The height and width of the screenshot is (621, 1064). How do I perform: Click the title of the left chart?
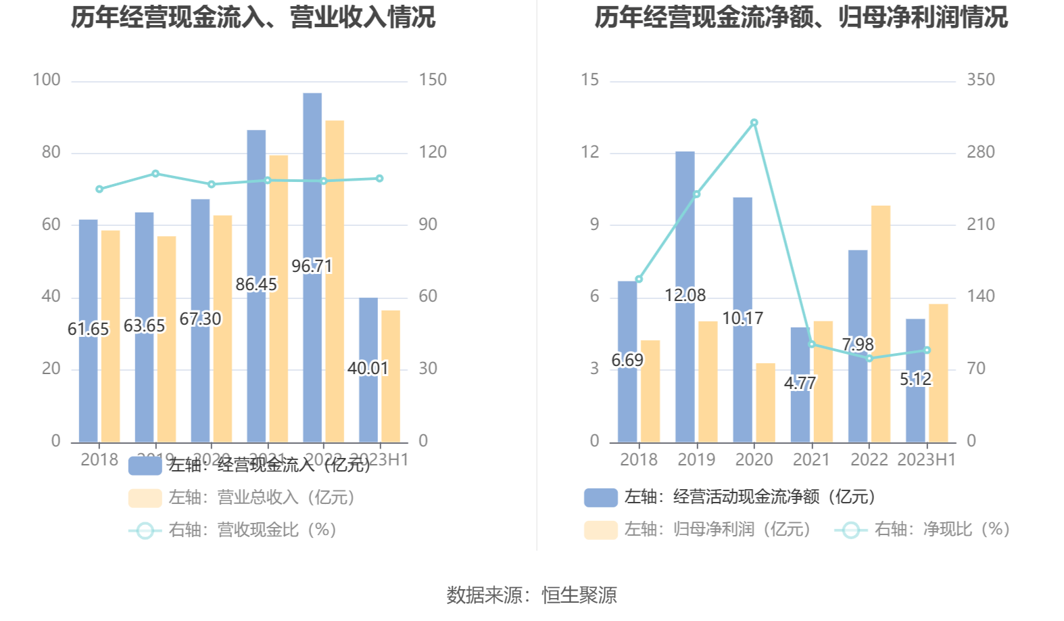pyautogui.click(x=253, y=18)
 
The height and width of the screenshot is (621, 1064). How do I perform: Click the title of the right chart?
pyautogui.click(x=801, y=18)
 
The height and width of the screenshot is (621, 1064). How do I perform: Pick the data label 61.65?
pyautogui.click(x=88, y=329)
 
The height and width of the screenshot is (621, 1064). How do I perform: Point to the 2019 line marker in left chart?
pyautogui.click(x=155, y=174)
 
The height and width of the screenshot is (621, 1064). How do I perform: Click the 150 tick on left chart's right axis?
pyautogui.click(x=433, y=80)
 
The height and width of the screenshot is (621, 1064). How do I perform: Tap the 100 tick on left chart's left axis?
pyautogui.click(x=47, y=80)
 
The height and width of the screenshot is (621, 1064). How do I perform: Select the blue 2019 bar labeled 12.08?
pyautogui.click(x=685, y=223)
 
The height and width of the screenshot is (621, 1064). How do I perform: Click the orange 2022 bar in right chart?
pyautogui.click(x=881, y=325)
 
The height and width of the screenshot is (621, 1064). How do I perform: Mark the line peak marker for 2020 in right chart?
pyautogui.click(x=754, y=123)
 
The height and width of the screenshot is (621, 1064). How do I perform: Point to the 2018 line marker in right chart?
pyautogui.click(x=639, y=279)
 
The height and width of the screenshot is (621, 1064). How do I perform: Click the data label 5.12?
pyautogui.click(x=915, y=379)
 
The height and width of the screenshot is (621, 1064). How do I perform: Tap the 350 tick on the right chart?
pyautogui.click(x=981, y=80)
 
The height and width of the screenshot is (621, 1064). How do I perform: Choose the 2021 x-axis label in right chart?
pyautogui.click(x=811, y=460)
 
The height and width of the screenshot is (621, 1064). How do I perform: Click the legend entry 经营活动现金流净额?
pyautogui.click(x=730, y=497)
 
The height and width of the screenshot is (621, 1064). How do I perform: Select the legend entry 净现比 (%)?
pyautogui.click(x=923, y=530)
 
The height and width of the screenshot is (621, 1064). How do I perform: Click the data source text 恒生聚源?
pyautogui.click(x=579, y=595)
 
